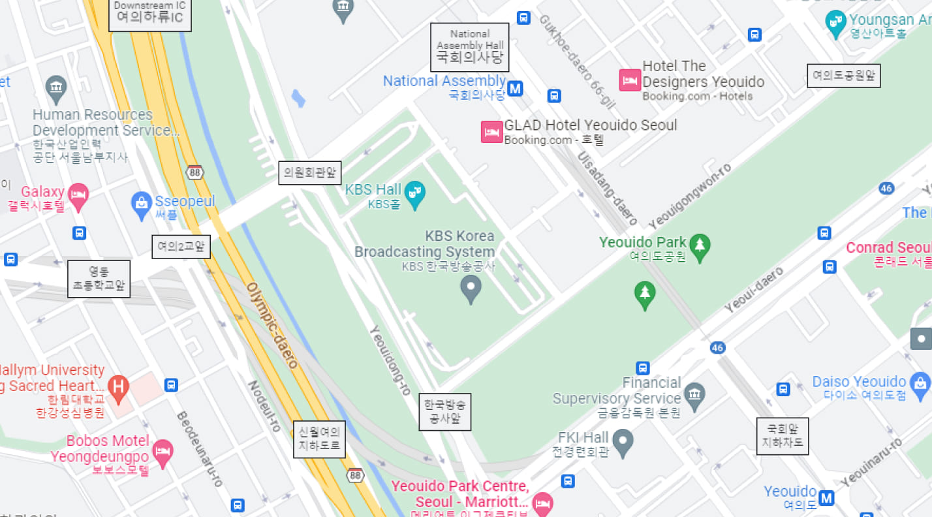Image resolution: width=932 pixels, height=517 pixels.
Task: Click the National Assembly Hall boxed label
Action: click(x=469, y=47)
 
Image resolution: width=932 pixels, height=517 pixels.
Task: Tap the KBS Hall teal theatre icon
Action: click(x=414, y=193)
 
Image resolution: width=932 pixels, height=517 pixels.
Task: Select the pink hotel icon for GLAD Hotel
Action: click(x=491, y=132)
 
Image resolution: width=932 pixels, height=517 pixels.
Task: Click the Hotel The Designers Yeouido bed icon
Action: click(x=630, y=80)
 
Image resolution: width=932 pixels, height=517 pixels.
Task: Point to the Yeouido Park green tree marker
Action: click(x=700, y=246)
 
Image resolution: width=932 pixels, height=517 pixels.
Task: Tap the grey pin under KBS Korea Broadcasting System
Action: click(x=471, y=288)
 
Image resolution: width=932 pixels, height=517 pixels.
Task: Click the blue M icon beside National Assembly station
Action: click(x=515, y=88)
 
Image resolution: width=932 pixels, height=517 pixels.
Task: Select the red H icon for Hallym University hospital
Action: click(x=118, y=386)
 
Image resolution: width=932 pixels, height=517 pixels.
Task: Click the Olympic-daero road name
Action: click(x=272, y=325)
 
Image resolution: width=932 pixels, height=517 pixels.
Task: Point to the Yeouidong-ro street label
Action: click(x=390, y=360)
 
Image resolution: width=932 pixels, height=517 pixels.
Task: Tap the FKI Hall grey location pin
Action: click(x=623, y=443)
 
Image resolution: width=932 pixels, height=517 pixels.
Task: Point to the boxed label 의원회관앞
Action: click(x=310, y=173)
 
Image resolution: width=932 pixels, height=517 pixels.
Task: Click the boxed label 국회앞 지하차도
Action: click(x=783, y=436)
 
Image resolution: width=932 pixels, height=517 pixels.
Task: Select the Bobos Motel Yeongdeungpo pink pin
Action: click(x=163, y=451)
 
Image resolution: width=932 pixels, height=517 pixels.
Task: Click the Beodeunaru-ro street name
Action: click(x=200, y=449)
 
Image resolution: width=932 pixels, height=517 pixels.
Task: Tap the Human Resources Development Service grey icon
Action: click(x=56, y=87)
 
